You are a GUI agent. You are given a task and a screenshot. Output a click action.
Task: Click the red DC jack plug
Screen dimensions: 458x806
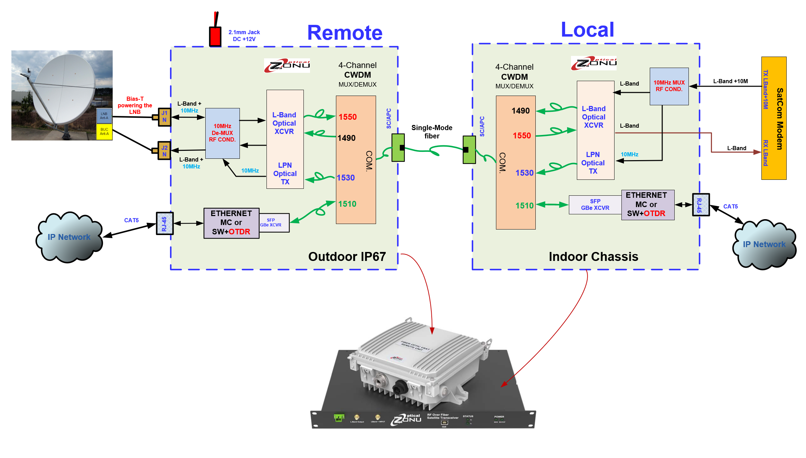pyautogui.click(x=215, y=36)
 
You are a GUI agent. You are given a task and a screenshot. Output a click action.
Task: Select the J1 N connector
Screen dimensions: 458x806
pyautogui.click(x=164, y=117)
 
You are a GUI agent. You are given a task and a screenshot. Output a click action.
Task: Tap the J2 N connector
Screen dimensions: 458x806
pyautogui.click(x=164, y=151)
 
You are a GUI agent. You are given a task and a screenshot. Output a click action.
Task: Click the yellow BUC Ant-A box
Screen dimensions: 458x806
pyautogui.click(x=104, y=132)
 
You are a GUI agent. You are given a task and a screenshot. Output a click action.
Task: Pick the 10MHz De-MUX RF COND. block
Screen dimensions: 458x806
pyautogui.click(x=222, y=133)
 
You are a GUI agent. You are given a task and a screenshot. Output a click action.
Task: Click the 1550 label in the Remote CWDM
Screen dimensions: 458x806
pyautogui.click(x=347, y=117)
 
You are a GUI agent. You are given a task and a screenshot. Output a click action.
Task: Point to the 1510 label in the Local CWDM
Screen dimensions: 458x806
pyautogui.click(x=524, y=206)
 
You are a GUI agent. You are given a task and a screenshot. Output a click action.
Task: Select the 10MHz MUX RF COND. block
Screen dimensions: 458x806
pyautogui.click(x=669, y=86)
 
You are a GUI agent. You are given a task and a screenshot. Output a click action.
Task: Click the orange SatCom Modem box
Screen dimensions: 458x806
pyautogui.click(x=774, y=118)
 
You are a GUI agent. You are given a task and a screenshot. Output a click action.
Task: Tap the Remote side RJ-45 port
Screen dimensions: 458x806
pyautogui.click(x=165, y=224)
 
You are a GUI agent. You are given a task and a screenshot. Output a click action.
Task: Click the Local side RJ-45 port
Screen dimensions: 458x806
pyautogui.click(x=701, y=205)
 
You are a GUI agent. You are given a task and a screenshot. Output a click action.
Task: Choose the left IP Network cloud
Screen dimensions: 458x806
pyautogui.click(x=69, y=237)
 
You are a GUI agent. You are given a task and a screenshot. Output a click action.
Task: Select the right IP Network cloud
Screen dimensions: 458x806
pyautogui.click(x=764, y=244)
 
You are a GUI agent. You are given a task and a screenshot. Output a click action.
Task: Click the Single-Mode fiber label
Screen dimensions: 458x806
pyautogui.click(x=432, y=132)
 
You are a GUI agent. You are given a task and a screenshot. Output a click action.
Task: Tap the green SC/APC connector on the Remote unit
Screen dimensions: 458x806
pyautogui.click(x=398, y=148)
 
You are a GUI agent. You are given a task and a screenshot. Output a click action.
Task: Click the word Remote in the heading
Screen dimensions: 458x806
pyautogui.click(x=345, y=33)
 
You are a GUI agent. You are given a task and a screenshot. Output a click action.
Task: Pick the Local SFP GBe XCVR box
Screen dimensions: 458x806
pyautogui.click(x=595, y=205)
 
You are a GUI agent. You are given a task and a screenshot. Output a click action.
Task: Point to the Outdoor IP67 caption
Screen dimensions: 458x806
pyautogui.click(x=347, y=257)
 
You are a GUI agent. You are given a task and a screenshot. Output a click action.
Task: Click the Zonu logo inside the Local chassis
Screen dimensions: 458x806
pyautogui.click(x=593, y=64)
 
